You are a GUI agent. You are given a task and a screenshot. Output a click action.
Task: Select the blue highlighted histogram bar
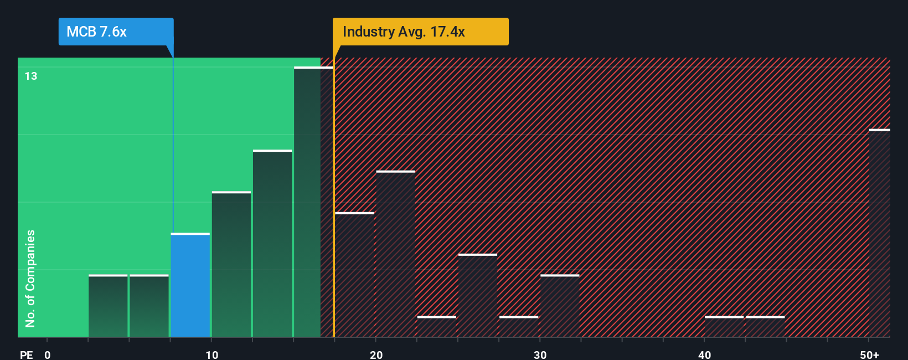[190, 285]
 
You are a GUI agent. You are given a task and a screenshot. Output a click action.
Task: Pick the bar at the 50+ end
[879, 233]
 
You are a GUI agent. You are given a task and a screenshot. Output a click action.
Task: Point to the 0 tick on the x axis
[48, 354]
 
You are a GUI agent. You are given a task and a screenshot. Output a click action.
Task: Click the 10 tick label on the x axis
[211, 354]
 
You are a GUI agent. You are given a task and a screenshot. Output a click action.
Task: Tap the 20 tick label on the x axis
[376, 354]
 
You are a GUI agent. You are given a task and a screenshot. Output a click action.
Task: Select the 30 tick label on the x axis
[540, 354]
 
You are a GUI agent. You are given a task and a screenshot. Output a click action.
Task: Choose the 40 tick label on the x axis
[704, 354]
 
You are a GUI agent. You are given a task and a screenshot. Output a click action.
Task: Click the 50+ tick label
[869, 354]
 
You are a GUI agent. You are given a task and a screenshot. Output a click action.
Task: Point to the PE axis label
[26, 354]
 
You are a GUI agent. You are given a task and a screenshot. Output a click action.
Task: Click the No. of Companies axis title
[30, 278]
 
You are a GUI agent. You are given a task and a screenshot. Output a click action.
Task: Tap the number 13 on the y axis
[31, 76]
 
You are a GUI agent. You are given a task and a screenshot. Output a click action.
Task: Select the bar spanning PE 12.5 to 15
[272, 244]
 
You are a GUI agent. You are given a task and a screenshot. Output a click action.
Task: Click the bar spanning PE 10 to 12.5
[231, 264]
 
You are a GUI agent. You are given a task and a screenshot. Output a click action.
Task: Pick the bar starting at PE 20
[395, 254]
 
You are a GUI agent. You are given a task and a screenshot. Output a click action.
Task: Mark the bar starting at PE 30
[560, 306]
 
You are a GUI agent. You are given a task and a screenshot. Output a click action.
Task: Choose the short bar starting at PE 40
[724, 327]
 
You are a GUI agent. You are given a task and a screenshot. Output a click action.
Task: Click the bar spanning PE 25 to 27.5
[478, 296]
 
